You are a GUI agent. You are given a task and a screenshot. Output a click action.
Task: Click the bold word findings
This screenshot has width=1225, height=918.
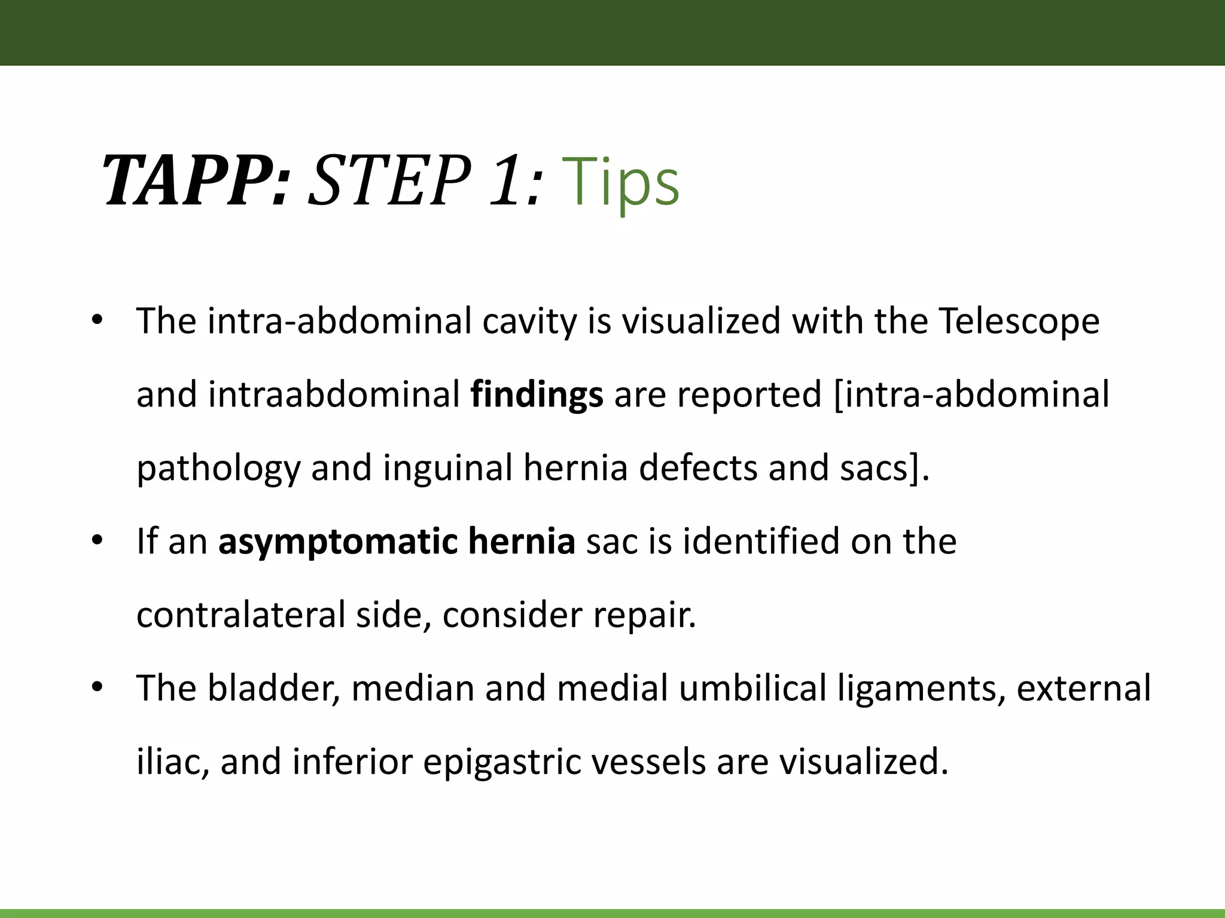pyautogui.click(x=537, y=395)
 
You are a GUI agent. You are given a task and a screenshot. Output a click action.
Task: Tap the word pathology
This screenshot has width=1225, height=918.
pyautogui.click(x=218, y=469)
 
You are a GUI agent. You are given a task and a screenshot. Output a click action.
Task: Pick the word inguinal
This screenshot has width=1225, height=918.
pyautogui.click(x=447, y=469)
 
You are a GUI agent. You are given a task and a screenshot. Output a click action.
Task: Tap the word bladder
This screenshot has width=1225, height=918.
pyautogui.click(x=273, y=688)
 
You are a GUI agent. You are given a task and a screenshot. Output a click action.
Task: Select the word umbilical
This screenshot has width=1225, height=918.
pyautogui.click(x=752, y=688)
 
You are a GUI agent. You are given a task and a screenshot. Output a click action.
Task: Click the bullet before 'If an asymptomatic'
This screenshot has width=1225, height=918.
pyautogui.click(x=97, y=541)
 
